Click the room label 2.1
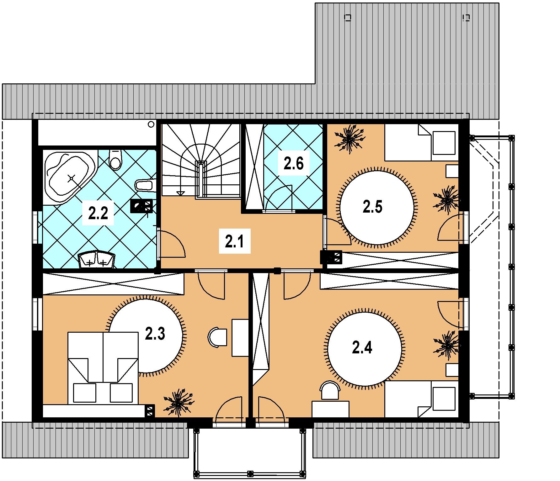pyautogui.click(x=235, y=242)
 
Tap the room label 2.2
pyautogui.click(x=98, y=214)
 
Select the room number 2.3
pyautogui.click(x=155, y=335)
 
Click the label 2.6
pyautogui.click(x=294, y=164)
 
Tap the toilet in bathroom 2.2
pyautogui.click(x=115, y=160)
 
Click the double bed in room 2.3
pyautogui.click(x=103, y=368)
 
